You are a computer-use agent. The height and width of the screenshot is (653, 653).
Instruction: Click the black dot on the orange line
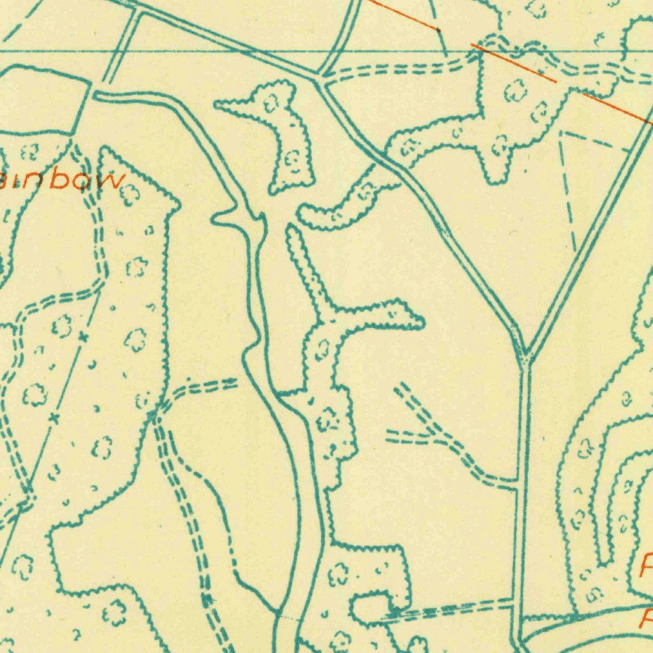coord(438,29)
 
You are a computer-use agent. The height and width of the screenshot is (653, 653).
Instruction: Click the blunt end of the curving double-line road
coord(96,96)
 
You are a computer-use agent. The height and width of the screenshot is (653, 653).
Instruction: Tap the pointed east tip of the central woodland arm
coord(422,325)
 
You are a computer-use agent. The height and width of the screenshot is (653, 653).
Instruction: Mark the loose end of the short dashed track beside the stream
coord(237,383)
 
